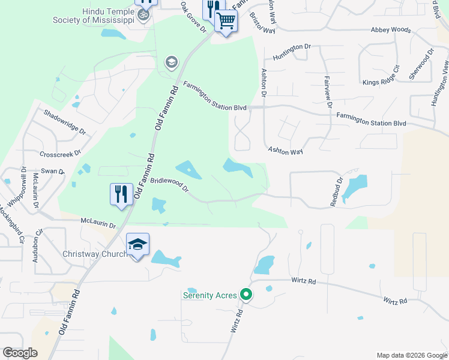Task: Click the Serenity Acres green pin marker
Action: tap(246, 295)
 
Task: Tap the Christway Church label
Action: tap(95, 254)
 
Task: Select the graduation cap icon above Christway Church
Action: tap(137, 245)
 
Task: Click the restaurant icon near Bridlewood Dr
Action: tap(121, 194)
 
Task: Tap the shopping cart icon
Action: tap(226, 21)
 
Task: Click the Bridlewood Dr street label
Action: tap(170, 185)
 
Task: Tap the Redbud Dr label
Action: tap(337, 192)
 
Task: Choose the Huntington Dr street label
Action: tap(292, 52)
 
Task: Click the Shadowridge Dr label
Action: tap(64, 122)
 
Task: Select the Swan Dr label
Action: tap(53, 172)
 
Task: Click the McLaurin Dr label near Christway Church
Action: tap(98, 224)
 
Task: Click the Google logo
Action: tap(20, 353)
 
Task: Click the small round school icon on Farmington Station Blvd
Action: tap(171, 62)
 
